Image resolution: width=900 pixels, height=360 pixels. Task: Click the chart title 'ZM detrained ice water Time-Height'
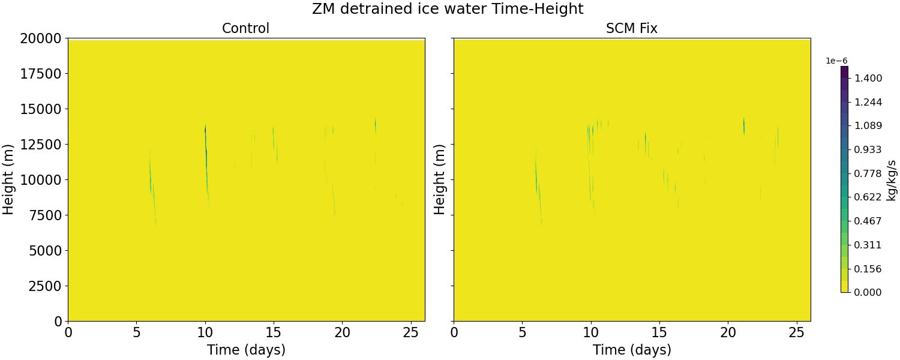(x=448, y=9)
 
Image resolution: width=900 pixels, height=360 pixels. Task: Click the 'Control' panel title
(x=245, y=28)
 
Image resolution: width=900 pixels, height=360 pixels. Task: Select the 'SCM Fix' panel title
(x=632, y=28)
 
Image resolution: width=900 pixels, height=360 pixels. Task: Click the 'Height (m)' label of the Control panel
(x=8, y=179)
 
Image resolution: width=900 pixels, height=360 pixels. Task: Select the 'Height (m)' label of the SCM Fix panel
(x=440, y=179)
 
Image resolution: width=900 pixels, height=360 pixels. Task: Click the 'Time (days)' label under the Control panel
(x=246, y=350)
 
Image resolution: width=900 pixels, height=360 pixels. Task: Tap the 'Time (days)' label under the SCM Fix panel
(x=632, y=350)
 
